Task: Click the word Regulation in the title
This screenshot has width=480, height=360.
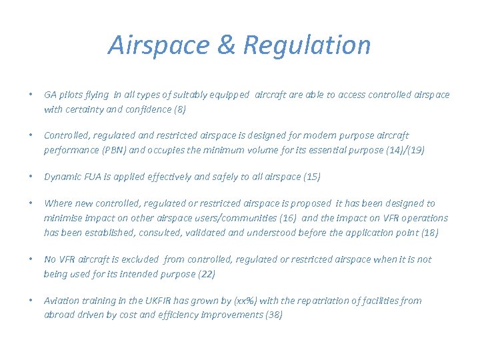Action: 307,45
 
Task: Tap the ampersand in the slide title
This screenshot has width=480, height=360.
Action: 226,45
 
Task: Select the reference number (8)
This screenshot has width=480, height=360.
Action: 179,109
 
